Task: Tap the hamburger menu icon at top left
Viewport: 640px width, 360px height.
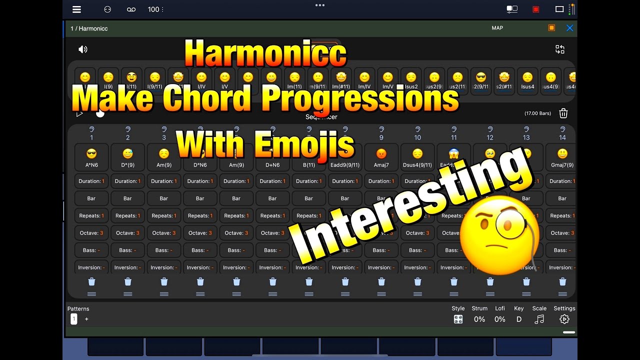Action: pos(76,9)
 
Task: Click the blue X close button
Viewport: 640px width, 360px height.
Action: pos(569,28)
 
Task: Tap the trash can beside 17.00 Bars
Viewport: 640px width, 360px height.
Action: pos(563,113)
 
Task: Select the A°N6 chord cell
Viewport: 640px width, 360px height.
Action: pos(91,157)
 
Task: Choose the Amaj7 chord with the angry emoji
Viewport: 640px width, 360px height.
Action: pos(381,157)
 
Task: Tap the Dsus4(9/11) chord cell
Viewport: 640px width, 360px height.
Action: pos(417,157)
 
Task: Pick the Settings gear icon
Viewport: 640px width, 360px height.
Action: pos(564,319)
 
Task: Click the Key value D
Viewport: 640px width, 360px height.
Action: pos(519,319)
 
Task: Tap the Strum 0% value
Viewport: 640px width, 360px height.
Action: pos(479,319)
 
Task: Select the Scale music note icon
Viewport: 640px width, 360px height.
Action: pos(539,319)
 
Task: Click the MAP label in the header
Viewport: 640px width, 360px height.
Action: pos(497,28)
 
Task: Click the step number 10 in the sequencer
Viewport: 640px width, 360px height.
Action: pos(417,137)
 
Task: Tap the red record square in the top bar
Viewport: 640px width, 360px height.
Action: pos(536,9)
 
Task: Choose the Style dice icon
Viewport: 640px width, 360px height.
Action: pos(458,319)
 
